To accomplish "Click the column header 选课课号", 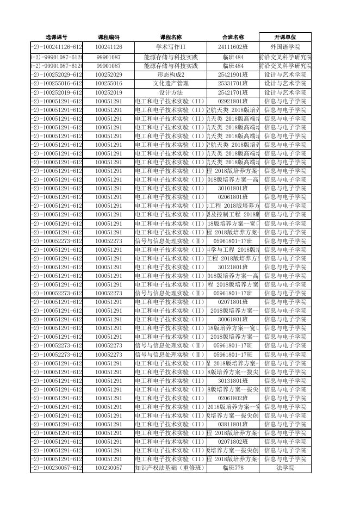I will pyautogui.click(x=56, y=37).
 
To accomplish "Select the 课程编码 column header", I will pyautogui.click(x=108, y=37).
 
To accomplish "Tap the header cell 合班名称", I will pyautogui.click(x=233, y=37).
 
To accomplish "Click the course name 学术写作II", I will pyautogui.click(x=171, y=47).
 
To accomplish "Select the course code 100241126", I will pyautogui.click(x=108, y=47).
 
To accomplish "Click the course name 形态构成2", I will pyautogui.click(x=171, y=75).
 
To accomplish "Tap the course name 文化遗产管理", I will pyautogui.click(x=171, y=84).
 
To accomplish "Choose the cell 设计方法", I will pyautogui.click(x=171, y=92).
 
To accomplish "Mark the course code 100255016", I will pyautogui.click(x=108, y=84).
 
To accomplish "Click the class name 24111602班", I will pyautogui.click(x=233, y=47).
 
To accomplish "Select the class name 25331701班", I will pyautogui.click(x=233, y=84).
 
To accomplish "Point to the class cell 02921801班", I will pyautogui.click(x=233, y=101).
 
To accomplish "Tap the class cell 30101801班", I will pyautogui.click(x=233, y=188).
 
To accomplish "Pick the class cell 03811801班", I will pyautogui.click(x=233, y=424).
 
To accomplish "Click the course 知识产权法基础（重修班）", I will pyautogui.click(x=171, y=468).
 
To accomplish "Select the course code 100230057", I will pyautogui.click(x=108, y=468).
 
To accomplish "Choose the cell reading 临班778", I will pyautogui.click(x=233, y=468).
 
